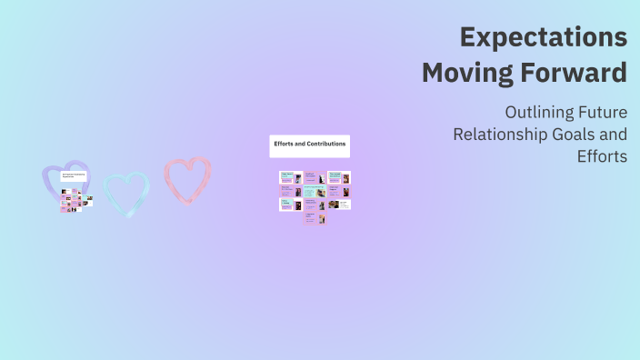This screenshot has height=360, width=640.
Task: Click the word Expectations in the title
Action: tap(543, 37)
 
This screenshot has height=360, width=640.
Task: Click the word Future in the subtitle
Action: tap(603, 113)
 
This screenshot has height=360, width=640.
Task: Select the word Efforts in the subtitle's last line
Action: tap(602, 155)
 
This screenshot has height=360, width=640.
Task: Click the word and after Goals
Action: tap(615, 135)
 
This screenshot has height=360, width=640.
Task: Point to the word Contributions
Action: tap(326, 145)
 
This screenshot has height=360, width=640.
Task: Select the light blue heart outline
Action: tap(125, 194)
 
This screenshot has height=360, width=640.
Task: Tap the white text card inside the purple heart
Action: tap(74, 175)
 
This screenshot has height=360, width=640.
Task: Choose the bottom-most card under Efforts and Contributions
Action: tap(315, 218)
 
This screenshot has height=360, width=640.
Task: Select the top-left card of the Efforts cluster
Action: tap(290, 178)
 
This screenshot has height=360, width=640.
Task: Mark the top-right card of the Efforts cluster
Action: tap(339, 178)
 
